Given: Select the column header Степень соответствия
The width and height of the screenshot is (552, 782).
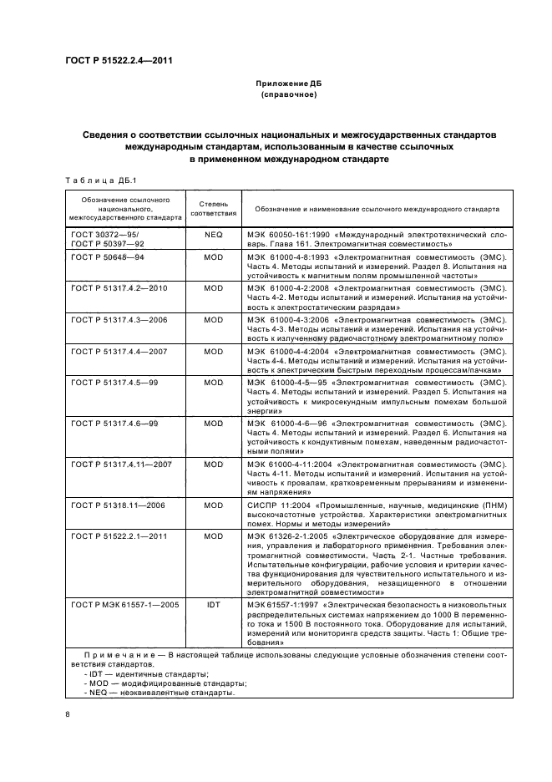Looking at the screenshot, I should [x=214, y=208].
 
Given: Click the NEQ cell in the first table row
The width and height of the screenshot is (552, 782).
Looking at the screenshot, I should [x=214, y=236].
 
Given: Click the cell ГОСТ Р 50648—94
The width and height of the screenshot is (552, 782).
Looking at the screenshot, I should [x=109, y=258].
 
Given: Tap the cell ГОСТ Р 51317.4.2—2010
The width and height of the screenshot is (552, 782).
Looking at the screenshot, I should [x=120, y=287].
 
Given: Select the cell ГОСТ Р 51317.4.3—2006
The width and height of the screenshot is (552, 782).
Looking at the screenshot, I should [x=120, y=320].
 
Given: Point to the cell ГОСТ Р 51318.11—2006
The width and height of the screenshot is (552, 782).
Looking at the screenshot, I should [x=118, y=505].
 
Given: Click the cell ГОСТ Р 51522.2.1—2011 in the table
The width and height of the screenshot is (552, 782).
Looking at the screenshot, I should [x=120, y=536].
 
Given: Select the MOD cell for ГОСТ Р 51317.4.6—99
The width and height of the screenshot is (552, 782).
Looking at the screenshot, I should [x=214, y=424].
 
